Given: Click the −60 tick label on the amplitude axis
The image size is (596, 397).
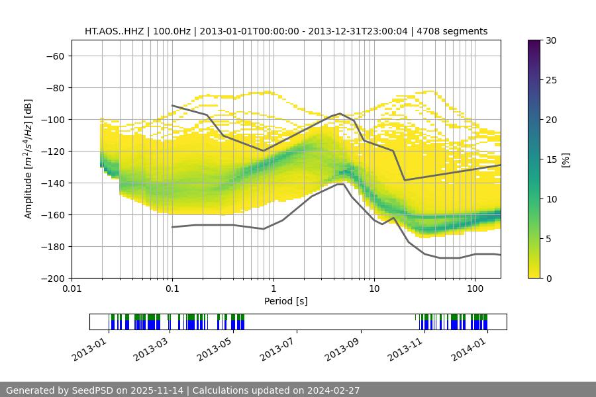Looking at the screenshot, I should coord(54,56).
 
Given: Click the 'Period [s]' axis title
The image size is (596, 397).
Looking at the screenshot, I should coord(285,301).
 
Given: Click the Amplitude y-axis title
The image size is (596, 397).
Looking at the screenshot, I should coord(28,159).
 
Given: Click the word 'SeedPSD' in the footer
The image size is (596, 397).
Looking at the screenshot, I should coord(93,390).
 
